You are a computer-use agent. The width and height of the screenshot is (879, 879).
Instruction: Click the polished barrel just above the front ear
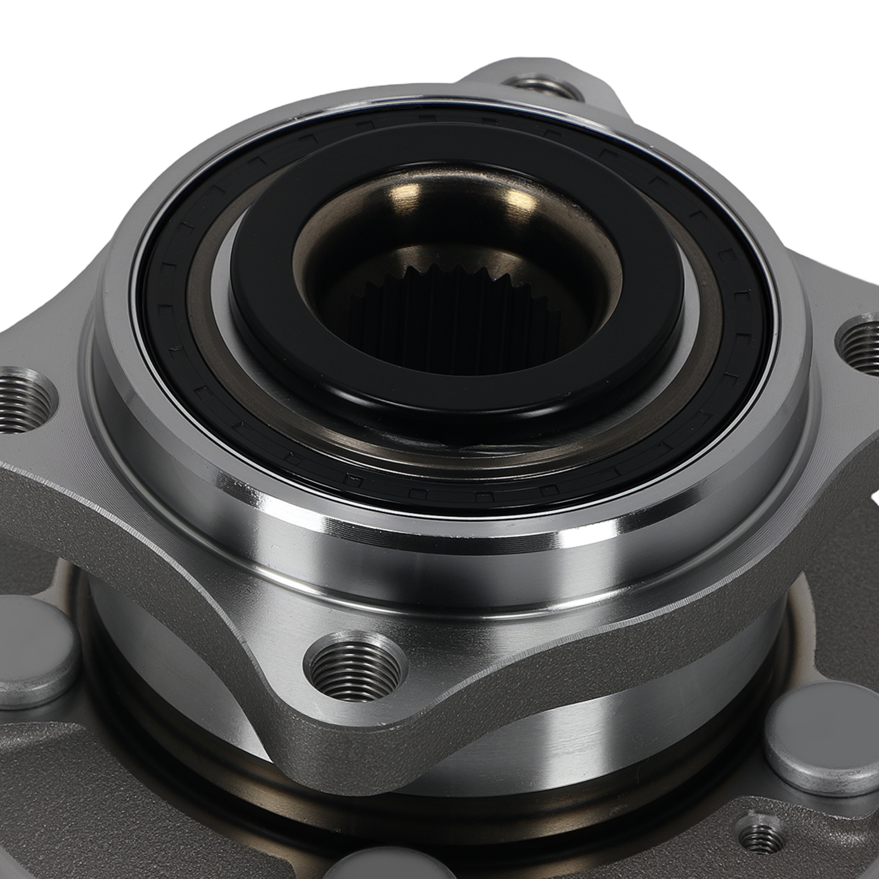pyautogui.click(x=439, y=566)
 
